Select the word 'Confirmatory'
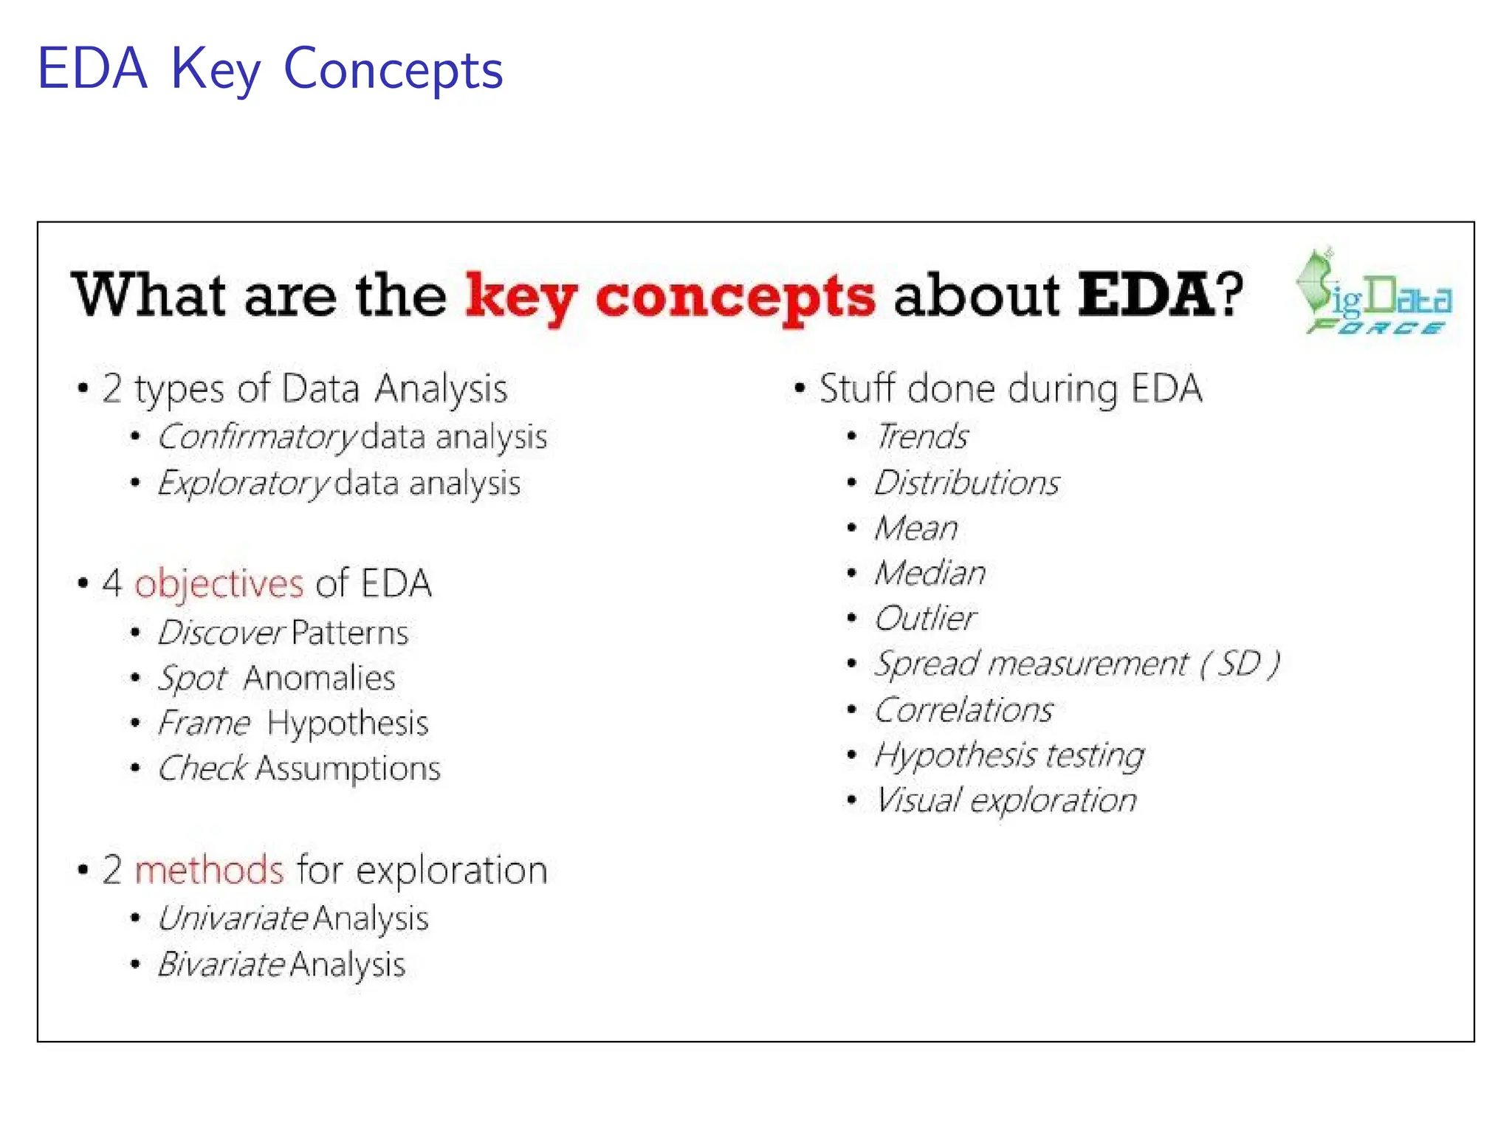click(256, 437)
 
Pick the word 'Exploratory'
click(242, 484)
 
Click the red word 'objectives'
click(219, 584)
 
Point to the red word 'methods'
click(209, 870)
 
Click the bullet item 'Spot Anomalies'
click(277, 678)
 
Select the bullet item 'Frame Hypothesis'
click(293, 723)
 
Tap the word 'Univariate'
click(233, 919)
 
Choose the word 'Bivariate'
click(221, 965)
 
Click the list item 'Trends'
click(921, 436)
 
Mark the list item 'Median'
click(929, 573)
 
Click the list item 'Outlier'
click(925, 619)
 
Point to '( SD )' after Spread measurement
click(1240, 664)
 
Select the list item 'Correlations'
click(963, 710)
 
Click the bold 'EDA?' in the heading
click(1160, 295)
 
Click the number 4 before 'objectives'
click(111, 583)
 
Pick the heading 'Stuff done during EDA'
click(1010, 389)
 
